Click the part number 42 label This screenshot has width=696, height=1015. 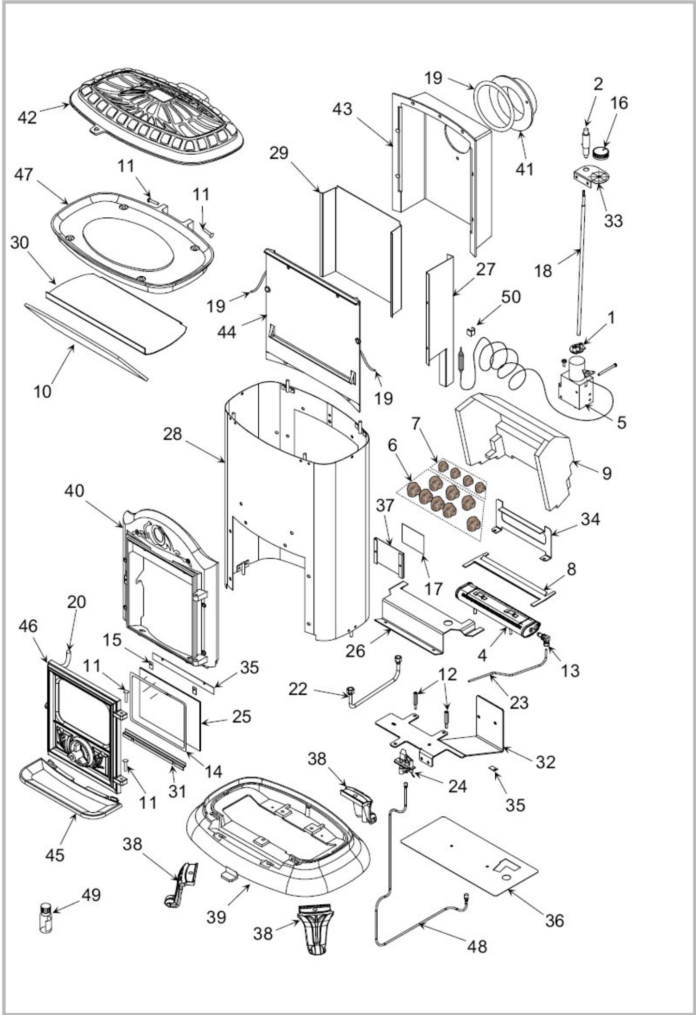click(27, 117)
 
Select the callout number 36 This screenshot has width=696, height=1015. click(554, 920)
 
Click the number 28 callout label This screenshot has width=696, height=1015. click(172, 434)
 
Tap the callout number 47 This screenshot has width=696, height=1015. click(23, 175)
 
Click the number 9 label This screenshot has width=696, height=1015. click(607, 473)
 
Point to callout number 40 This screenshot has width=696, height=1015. click(74, 491)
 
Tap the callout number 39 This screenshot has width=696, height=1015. click(216, 916)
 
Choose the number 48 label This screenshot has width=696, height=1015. click(477, 946)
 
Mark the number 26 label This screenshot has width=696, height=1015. click(355, 651)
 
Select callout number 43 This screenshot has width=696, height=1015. click(342, 109)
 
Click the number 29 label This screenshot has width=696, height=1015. click(279, 153)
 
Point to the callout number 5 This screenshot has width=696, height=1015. click(622, 422)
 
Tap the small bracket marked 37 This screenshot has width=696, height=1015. click(389, 557)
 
